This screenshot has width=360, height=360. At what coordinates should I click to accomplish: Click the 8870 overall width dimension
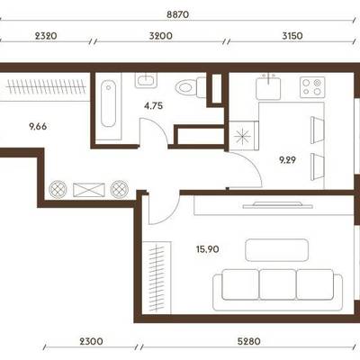point(177,14)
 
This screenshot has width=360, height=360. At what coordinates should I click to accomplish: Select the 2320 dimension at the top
point(46,36)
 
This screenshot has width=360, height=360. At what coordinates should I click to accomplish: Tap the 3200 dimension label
point(161,36)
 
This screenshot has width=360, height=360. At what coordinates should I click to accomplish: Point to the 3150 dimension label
point(292,36)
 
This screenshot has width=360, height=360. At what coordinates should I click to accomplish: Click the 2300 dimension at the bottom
point(91,341)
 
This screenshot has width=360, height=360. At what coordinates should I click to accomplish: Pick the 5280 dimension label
point(249,341)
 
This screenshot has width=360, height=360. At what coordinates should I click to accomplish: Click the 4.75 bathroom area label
point(153,105)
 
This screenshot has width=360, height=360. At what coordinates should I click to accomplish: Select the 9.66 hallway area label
point(38,127)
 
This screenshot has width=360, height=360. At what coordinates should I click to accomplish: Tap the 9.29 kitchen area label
point(287,160)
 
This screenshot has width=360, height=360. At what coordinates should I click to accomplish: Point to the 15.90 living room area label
point(208,249)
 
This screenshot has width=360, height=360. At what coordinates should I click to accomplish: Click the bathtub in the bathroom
point(108,103)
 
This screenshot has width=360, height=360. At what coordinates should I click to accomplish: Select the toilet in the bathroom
point(191,87)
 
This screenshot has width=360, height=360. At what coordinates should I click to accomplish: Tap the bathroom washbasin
point(146,80)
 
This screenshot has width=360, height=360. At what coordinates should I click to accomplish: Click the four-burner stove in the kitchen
point(312,87)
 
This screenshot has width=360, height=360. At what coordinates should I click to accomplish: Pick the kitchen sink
point(268,87)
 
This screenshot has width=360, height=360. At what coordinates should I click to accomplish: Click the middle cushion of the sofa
point(277,284)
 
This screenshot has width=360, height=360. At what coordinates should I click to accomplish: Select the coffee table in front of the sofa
point(276,250)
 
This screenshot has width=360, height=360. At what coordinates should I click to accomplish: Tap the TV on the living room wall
point(278,205)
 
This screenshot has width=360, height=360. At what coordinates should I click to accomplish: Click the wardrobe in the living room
point(157,277)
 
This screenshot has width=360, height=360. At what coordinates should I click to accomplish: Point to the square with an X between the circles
point(89,190)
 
